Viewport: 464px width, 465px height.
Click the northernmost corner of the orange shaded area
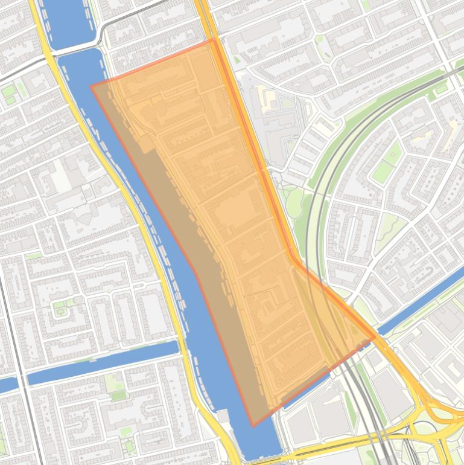214,40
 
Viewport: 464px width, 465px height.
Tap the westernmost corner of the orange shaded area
91,86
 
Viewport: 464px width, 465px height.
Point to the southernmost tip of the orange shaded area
253,426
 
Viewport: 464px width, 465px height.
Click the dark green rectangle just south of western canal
118,396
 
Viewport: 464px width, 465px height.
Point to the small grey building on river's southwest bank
223,415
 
